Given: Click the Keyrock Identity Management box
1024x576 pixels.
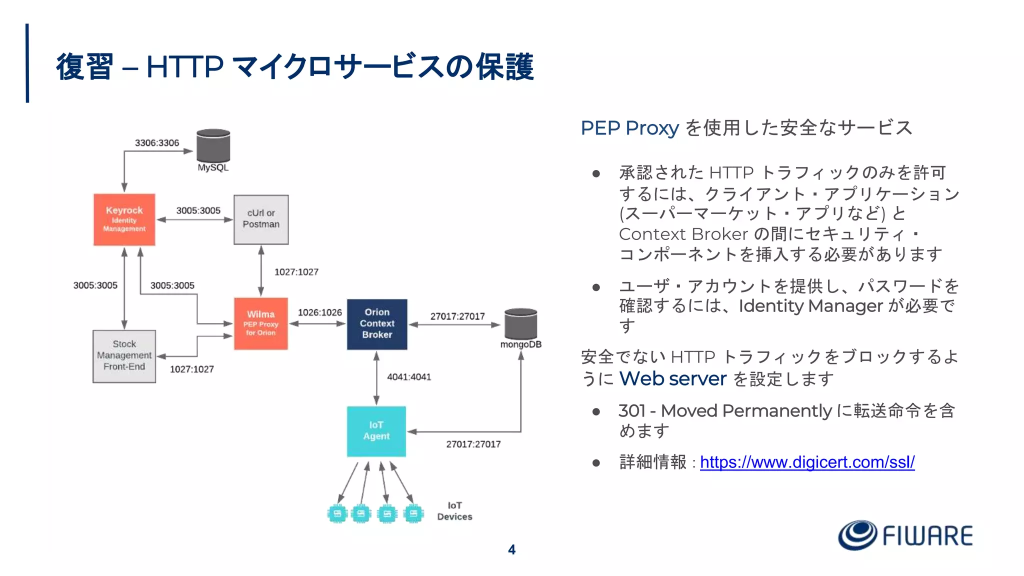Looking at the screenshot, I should point(124,219).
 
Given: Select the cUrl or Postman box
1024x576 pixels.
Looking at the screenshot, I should point(261,219).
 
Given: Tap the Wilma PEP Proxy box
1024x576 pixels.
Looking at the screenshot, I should point(260,323).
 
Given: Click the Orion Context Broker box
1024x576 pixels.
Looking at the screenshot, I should point(377,323).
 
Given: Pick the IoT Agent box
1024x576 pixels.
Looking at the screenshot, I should point(376,431).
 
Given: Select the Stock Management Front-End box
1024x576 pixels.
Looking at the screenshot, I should point(124,356).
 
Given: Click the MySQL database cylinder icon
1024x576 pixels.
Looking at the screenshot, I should point(213,146).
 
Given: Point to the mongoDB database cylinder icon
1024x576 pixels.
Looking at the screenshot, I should point(520,323).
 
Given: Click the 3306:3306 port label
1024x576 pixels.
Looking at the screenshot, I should point(156,143).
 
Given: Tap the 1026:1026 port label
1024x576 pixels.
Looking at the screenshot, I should point(319,312).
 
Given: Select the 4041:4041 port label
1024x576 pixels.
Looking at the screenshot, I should point(408,377).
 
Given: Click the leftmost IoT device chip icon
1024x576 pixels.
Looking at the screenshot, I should point(337,513).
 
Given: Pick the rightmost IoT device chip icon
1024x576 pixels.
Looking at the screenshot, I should point(413,513).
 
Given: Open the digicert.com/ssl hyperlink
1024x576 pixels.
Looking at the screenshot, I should point(807,462).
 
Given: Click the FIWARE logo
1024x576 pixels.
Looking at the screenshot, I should point(905,535).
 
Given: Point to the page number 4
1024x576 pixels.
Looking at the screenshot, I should point(511,549).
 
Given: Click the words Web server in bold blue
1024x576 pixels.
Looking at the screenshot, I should point(672,379).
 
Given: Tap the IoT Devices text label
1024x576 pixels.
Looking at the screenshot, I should point(454,511).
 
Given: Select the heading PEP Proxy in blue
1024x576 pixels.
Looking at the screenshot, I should point(629,128).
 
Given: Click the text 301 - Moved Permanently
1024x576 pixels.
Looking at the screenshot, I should point(724,411).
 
